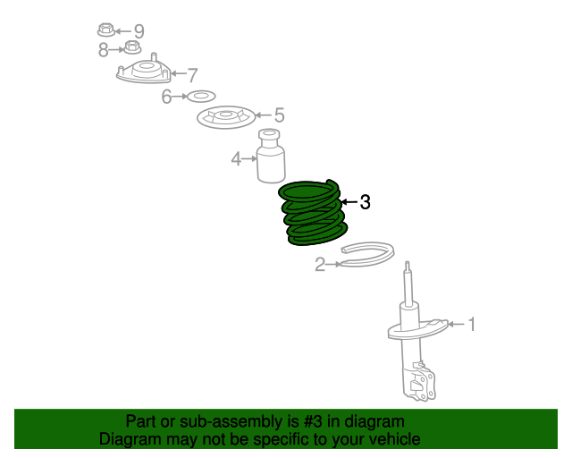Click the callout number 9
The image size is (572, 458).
pyautogui.click(x=139, y=31)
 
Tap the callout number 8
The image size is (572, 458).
pyautogui.click(x=104, y=50)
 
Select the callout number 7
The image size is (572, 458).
pyautogui.click(x=192, y=75)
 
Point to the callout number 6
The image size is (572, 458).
pyautogui.click(x=166, y=97)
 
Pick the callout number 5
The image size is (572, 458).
pyautogui.click(x=279, y=115)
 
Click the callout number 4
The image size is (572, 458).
pyautogui.click(x=236, y=159)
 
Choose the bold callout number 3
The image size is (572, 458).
pyautogui.click(x=365, y=201)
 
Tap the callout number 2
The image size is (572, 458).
pyautogui.click(x=320, y=264)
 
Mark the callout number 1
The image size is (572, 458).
pyautogui.click(x=472, y=325)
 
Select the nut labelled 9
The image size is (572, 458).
pyautogui.click(x=106, y=30)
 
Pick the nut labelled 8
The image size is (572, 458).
pyautogui.click(x=132, y=47)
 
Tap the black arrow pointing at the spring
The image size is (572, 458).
pyautogui.click(x=349, y=201)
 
